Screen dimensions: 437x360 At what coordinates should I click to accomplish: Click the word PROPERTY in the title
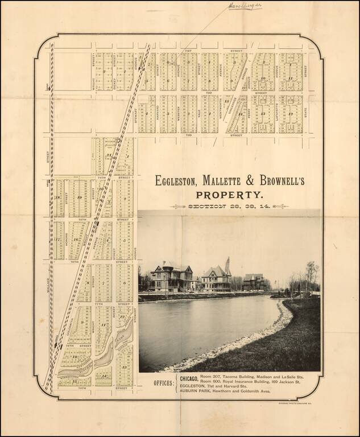[x=230, y=195]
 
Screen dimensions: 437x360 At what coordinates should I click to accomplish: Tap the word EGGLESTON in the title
[x=179, y=181]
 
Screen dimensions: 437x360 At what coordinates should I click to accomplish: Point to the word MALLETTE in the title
[x=224, y=181]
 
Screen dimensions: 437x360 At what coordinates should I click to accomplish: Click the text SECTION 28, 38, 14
[x=230, y=206]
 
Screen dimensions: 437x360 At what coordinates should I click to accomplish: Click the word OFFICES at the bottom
[x=163, y=383]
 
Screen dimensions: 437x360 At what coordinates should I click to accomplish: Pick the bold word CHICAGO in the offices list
[x=189, y=378]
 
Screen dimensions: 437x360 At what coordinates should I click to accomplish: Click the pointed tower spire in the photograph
[x=227, y=265]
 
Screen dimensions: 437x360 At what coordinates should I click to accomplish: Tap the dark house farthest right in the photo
[x=254, y=281]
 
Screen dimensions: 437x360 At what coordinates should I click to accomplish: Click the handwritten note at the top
[x=245, y=6]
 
